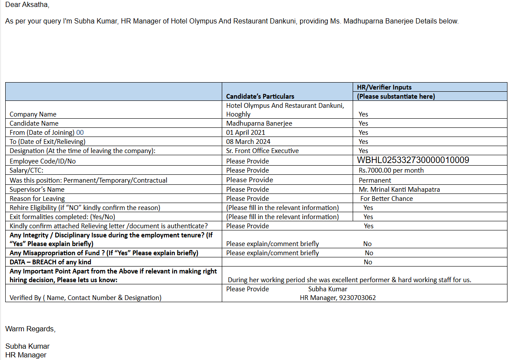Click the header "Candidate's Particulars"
260,96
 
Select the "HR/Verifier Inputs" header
384,87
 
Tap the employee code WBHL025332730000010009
413,160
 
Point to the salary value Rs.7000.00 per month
391,170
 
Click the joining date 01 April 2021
246,132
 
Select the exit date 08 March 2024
248,141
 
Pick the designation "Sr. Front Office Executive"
262,150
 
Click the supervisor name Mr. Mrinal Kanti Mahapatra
399,189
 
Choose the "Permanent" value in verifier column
375,180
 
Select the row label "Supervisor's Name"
37,189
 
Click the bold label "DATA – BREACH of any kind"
50,262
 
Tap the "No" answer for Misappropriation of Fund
369,253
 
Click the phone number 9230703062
357,298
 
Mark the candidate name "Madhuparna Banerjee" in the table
259,123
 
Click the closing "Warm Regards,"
30,329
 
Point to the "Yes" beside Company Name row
363,114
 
